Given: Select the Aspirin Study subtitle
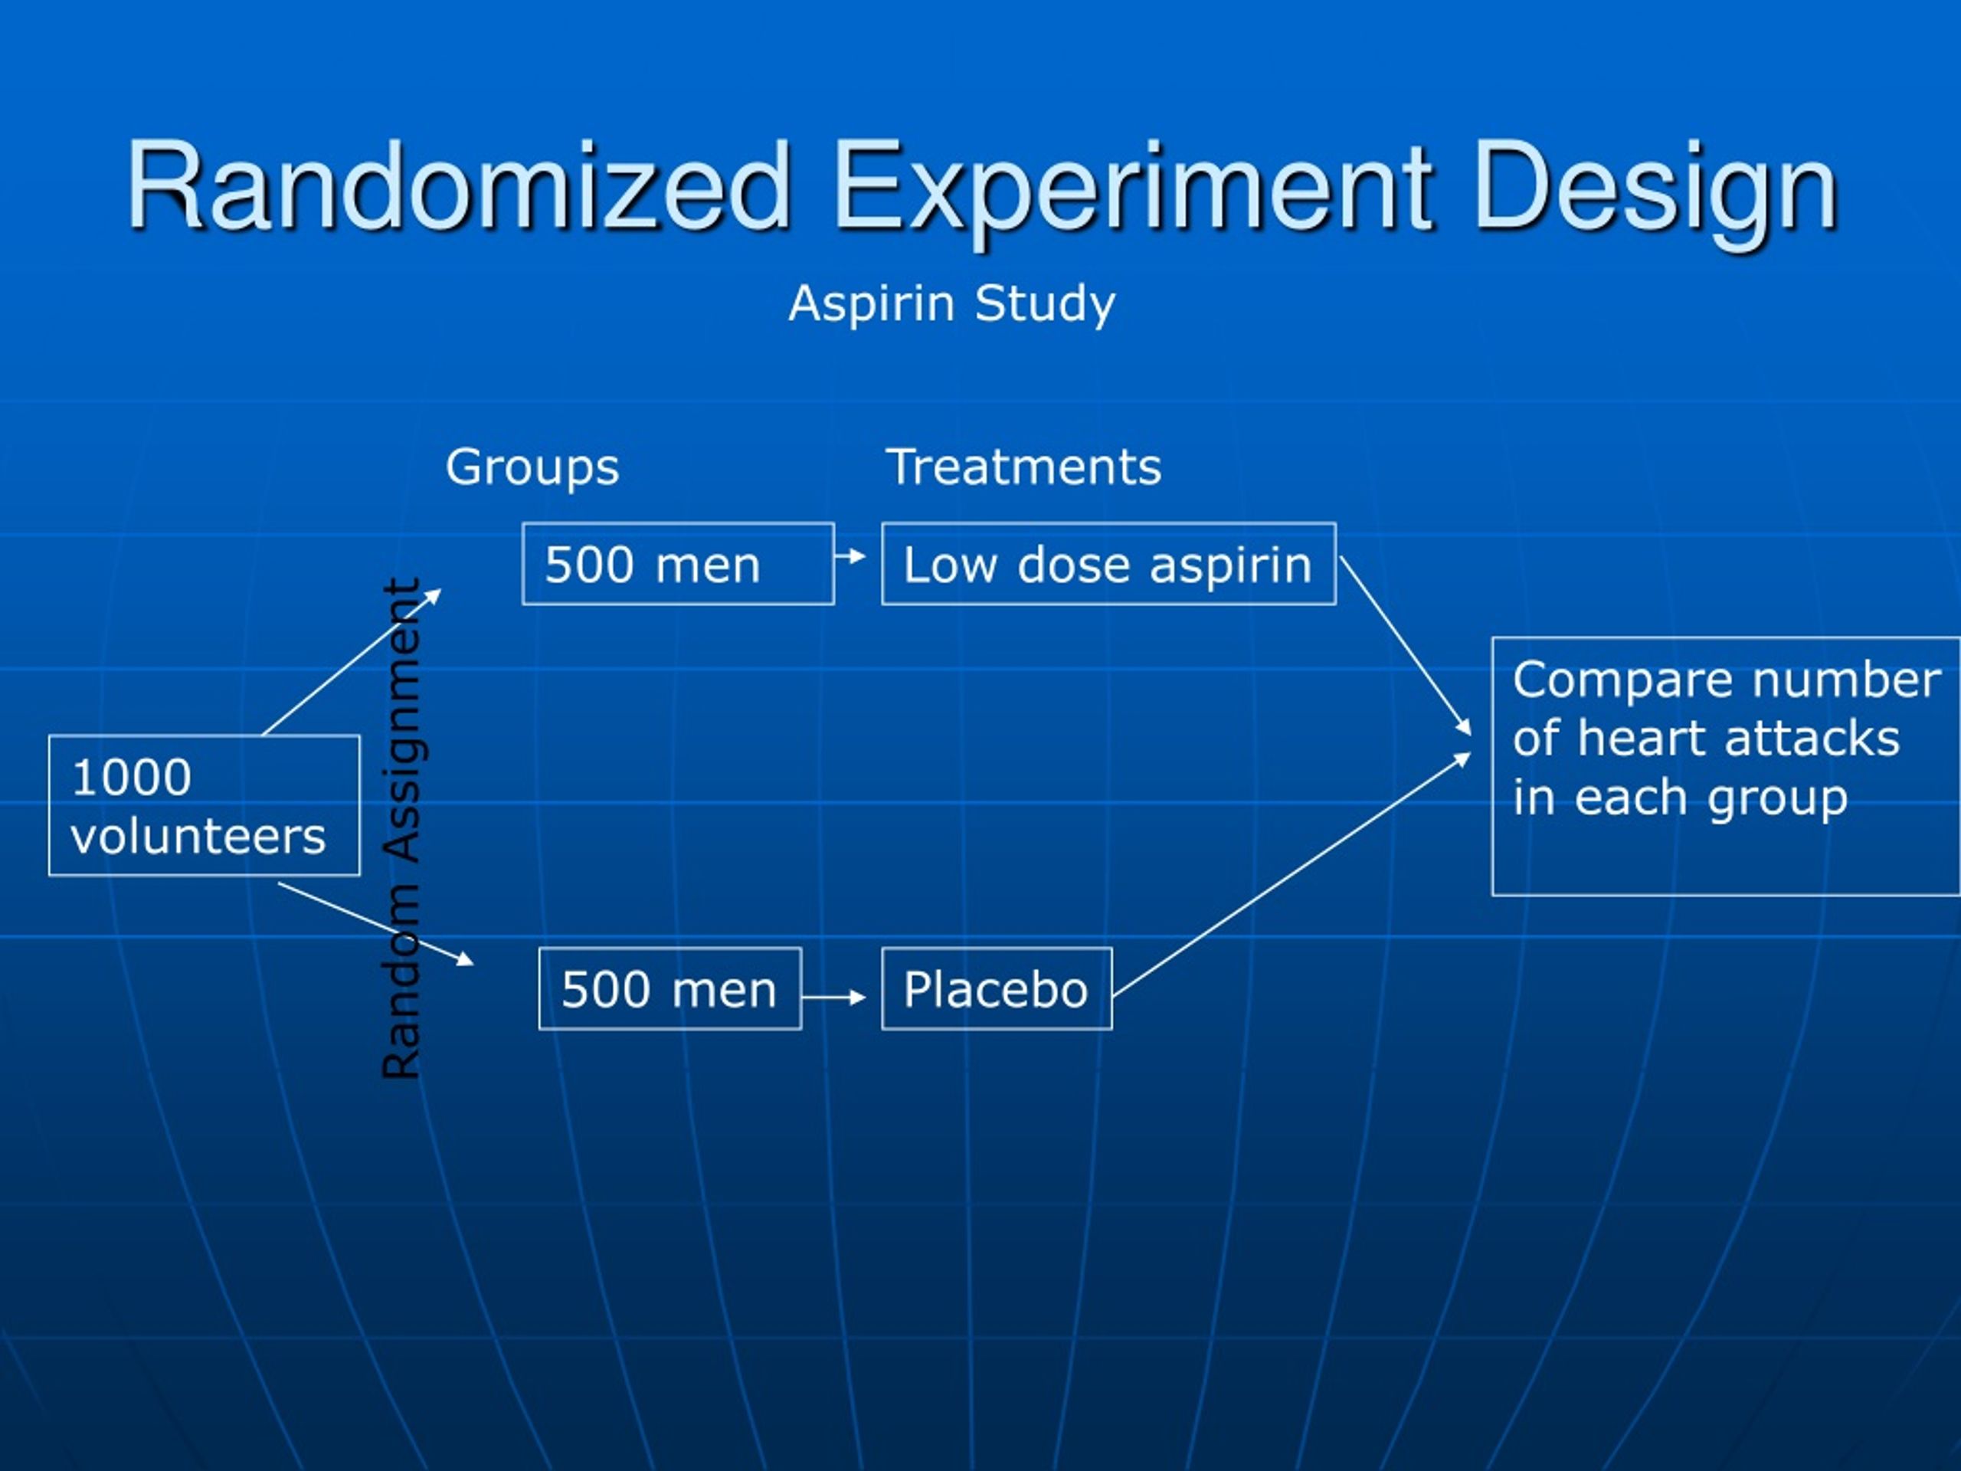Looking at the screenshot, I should click(951, 303).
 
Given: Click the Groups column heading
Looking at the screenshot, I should click(532, 467).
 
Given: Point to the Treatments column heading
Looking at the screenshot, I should click(1023, 467).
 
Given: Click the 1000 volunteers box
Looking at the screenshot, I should click(204, 805).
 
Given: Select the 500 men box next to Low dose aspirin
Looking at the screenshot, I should click(678, 564).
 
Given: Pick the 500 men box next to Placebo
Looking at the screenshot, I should click(669, 988).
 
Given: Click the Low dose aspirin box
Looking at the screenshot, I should click(1108, 564).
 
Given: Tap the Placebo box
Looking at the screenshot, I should click(997, 988).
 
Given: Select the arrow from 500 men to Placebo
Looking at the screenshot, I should click(833, 998).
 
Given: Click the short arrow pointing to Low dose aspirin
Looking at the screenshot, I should click(851, 556).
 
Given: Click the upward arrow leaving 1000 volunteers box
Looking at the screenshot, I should click(350, 663).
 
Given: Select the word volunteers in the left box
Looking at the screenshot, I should click(198, 836).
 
